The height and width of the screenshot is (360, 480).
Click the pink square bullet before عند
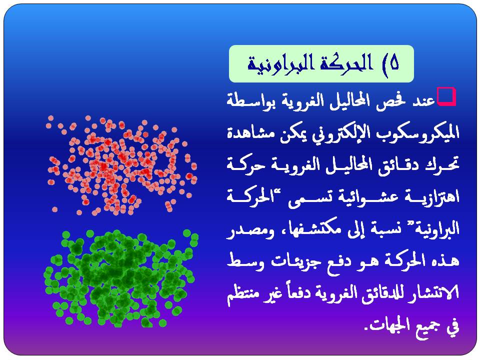click(x=446, y=96)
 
